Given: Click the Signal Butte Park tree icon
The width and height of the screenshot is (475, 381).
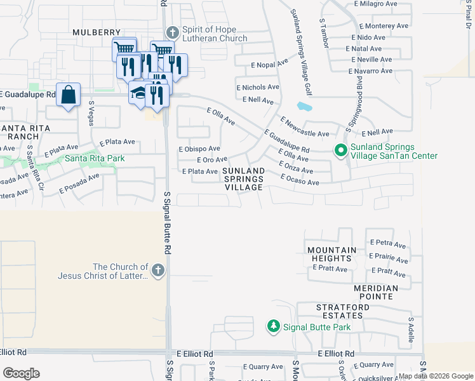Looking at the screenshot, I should point(274,327).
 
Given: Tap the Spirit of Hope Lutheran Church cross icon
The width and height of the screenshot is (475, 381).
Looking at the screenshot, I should point(171,33).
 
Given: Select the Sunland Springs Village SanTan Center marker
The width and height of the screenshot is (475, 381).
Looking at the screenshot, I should point(340,150).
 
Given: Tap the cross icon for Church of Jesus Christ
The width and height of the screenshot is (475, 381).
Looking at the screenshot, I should point(158,271).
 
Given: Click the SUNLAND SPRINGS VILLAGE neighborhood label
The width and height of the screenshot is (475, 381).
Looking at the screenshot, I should point(243,179).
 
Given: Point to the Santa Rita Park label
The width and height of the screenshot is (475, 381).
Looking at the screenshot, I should point(95,159).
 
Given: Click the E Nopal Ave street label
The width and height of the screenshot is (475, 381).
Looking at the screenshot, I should point(269,63).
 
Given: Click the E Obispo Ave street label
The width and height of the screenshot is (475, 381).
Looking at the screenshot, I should point(199,149).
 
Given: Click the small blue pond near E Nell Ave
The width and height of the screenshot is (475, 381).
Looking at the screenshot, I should point(304,106).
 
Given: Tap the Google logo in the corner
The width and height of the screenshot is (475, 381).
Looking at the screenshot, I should point(22,373).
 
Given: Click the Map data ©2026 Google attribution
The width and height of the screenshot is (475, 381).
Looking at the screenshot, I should point(435,377).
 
